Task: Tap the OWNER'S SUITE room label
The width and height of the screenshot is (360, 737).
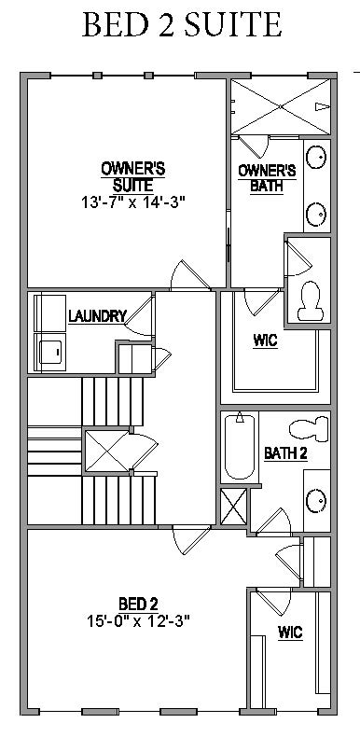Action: [x=133, y=176]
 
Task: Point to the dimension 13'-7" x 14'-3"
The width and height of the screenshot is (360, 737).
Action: [x=133, y=201]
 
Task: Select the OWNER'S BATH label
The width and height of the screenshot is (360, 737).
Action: [x=267, y=176]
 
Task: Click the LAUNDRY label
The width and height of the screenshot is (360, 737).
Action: [x=96, y=316]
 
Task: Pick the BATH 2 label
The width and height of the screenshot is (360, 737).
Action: [x=285, y=454]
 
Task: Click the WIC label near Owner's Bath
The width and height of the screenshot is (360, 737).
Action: [x=264, y=341]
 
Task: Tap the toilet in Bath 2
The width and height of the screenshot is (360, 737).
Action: [x=309, y=429]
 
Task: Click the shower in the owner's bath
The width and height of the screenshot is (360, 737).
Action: [x=280, y=106]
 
